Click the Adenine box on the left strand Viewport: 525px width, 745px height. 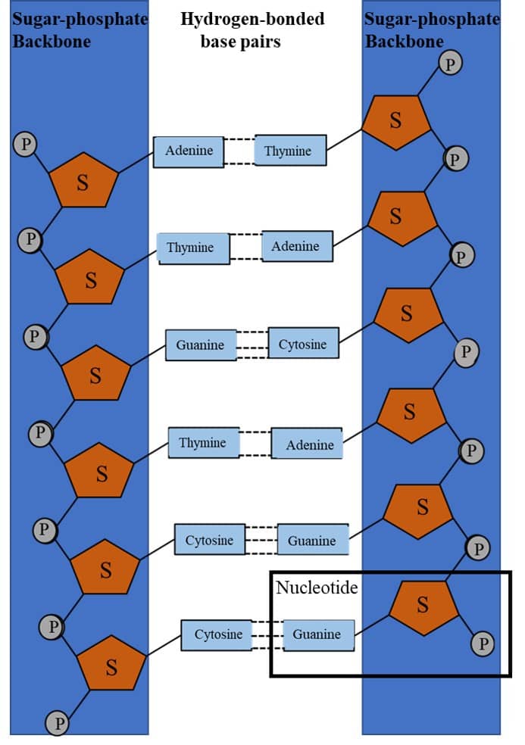(189, 151)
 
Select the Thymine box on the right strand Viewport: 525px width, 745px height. (290, 151)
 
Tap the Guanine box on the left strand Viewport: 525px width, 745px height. (201, 345)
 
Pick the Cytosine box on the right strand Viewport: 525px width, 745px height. (303, 344)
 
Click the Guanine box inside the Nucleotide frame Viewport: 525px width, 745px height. (318, 634)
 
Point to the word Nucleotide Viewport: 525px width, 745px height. (317, 588)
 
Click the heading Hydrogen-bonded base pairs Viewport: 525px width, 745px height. (252, 29)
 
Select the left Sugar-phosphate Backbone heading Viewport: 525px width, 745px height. (80, 29)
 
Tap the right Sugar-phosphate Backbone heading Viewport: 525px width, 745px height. (432, 29)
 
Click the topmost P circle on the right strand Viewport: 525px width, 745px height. (451, 63)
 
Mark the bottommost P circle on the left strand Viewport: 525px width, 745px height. (58, 723)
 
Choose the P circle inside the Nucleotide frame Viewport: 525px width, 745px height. (483, 644)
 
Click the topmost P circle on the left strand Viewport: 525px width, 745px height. (26, 143)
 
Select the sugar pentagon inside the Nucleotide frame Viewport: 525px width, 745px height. (423, 605)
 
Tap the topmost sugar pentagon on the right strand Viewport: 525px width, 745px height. (395, 121)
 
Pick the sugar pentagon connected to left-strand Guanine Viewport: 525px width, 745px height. (95, 374)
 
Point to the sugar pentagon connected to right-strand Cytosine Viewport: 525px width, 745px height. (408, 313)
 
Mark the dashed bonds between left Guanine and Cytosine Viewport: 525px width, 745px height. (252, 345)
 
